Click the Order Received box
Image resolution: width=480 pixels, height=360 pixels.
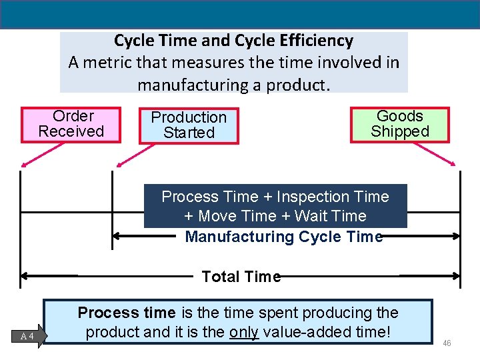point(71,124)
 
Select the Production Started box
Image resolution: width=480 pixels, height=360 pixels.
point(189,125)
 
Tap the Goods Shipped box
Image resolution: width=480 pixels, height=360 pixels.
point(400,124)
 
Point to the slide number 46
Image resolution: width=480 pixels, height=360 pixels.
point(447,343)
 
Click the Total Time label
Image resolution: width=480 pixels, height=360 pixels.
point(241,277)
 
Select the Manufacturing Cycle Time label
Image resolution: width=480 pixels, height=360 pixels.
point(283,237)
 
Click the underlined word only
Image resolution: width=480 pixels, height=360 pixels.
point(244,331)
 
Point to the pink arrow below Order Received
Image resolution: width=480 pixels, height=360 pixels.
point(39,155)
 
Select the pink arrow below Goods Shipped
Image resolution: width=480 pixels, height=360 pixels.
point(435,155)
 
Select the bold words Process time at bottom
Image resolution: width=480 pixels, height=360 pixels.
point(127,313)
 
